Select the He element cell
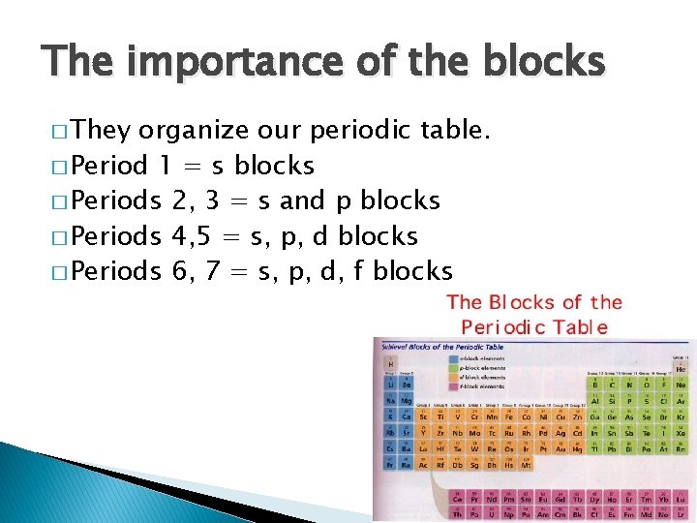pyautogui.click(x=681, y=366)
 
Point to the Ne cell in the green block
pyautogui.click(x=682, y=385)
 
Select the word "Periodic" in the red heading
pyautogui.click(x=505, y=327)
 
